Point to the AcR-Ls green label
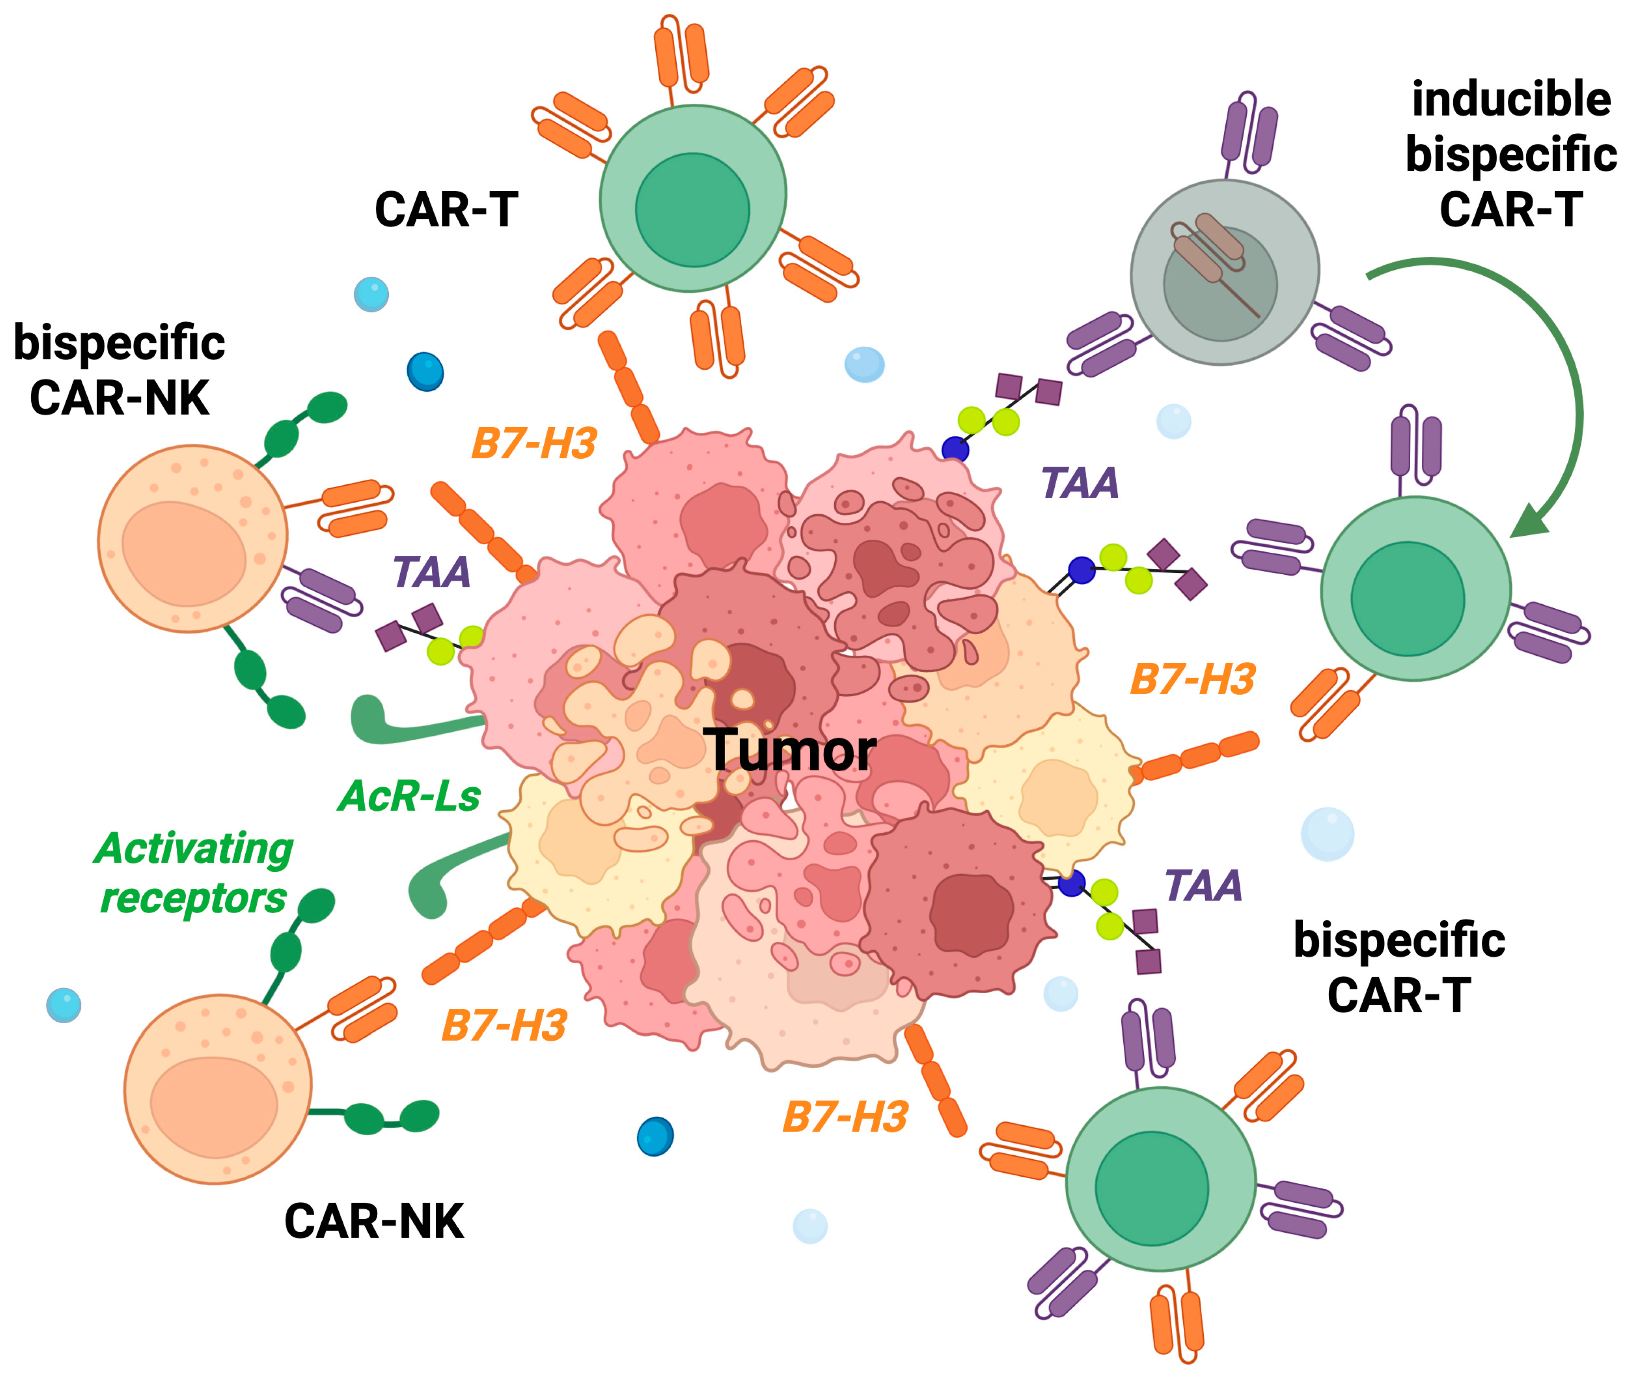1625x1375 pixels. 409,797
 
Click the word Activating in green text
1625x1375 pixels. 193,850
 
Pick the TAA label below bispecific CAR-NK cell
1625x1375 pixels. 431,573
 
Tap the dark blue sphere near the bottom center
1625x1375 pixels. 655,1136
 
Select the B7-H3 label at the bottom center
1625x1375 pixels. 845,1117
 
